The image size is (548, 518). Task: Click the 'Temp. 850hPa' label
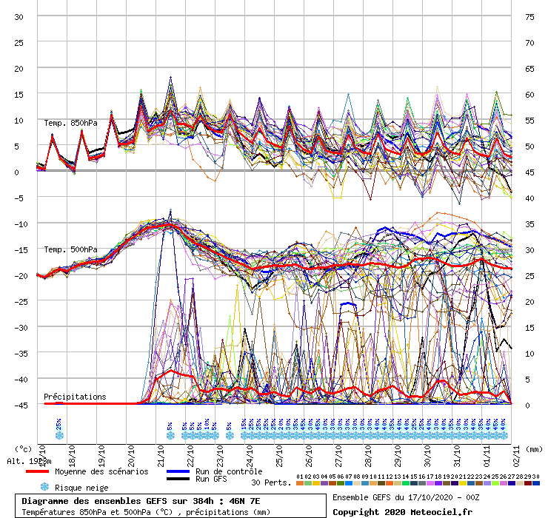70,123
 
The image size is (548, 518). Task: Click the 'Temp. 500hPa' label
70,249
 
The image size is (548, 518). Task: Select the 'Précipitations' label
75,397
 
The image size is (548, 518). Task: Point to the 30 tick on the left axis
20,16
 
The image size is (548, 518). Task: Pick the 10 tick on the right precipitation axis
529,353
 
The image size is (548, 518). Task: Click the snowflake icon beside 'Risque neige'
44,488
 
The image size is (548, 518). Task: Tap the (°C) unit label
24,448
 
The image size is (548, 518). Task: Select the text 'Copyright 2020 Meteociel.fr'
401,511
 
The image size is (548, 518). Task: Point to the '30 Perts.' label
271,482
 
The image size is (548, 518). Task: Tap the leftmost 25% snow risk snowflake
59,435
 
